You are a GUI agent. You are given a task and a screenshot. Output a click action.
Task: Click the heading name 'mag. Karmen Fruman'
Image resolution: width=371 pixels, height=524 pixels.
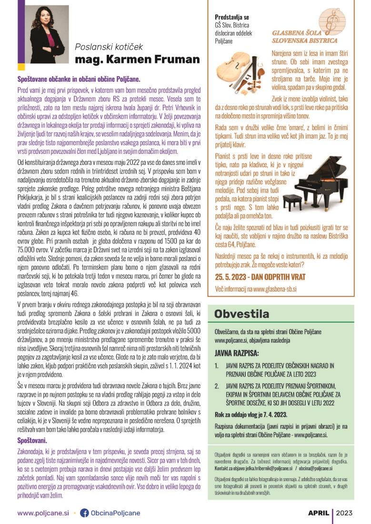pyautogui.click(x=137, y=60)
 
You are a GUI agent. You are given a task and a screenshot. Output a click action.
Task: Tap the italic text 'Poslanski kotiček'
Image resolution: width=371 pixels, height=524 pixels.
pyautogui.click(x=109, y=47)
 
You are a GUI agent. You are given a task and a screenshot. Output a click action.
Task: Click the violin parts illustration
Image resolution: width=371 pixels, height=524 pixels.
pyautogui.click(x=241, y=68)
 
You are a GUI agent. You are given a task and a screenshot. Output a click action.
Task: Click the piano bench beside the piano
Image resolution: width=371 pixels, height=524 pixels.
pyautogui.click(x=292, y=202)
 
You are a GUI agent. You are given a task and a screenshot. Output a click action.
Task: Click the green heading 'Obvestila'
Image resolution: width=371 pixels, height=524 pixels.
pyautogui.click(x=241, y=314)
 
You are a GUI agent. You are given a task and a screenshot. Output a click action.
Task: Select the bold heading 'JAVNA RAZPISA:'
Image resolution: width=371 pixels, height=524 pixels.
pyautogui.click(x=237, y=353)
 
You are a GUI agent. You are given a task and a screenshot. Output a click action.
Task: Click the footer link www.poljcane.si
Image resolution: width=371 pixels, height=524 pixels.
pyautogui.click(x=43, y=513)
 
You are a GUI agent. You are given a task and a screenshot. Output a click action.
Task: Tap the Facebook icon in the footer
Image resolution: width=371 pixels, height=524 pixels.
pyautogui.click(x=84, y=513)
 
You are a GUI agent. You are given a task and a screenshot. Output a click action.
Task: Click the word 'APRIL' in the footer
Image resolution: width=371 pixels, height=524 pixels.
pyautogui.click(x=318, y=513)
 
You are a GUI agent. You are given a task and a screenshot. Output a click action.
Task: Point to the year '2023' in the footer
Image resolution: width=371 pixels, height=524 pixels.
pyautogui.click(x=344, y=513)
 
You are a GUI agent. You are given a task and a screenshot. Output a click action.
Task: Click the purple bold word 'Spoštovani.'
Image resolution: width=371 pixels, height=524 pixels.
pyautogui.click(x=32, y=440)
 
